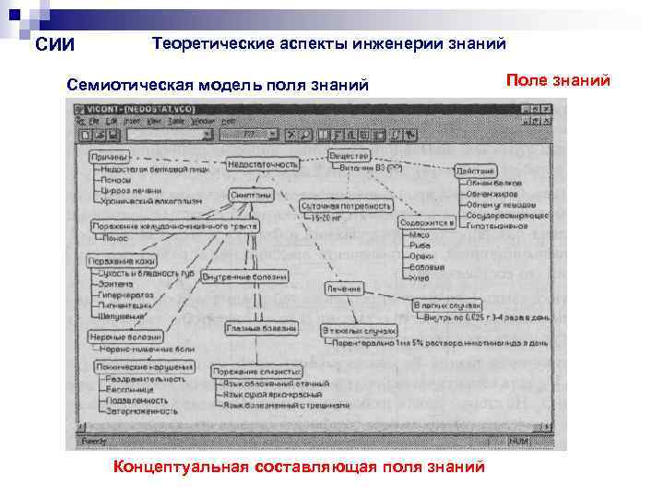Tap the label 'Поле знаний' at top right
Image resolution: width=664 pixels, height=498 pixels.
tap(559, 81)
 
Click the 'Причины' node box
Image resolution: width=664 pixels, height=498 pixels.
tap(110, 157)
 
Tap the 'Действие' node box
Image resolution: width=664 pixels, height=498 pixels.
tap(475, 172)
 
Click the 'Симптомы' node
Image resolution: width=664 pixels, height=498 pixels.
tap(251, 196)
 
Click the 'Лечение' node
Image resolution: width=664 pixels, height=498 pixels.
tap(342, 289)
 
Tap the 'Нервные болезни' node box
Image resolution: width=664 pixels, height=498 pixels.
tap(115, 338)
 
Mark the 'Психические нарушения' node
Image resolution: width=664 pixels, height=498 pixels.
tap(143, 367)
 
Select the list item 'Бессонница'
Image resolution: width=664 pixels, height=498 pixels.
tap(130, 390)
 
